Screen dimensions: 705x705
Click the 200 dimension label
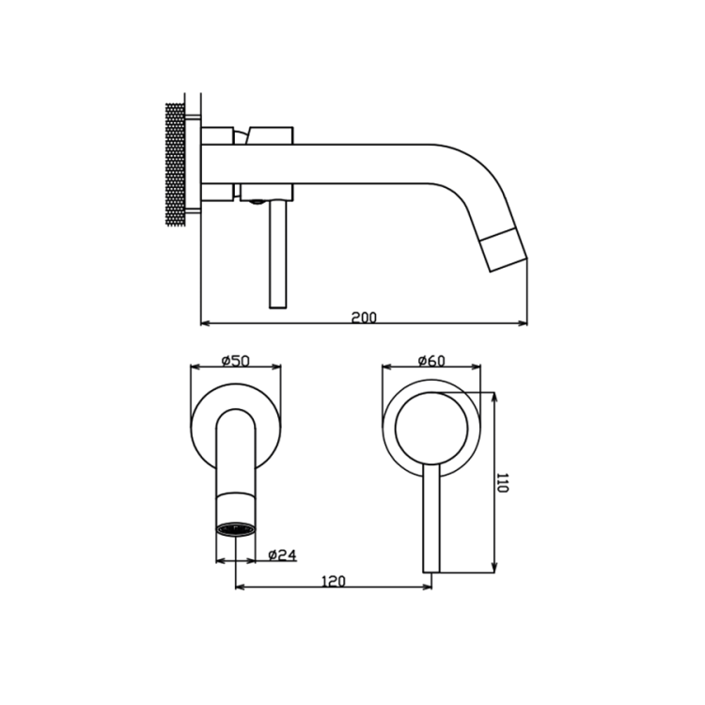pyautogui.click(x=364, y=318)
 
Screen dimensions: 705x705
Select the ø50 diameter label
pyautogui.click(x=236, y=361)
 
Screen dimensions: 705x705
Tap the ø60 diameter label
pyautogui.click(x=431, y=361)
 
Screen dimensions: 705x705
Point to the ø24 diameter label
pyautogui.click(x=282, y=556)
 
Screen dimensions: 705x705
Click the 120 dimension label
pyautogui.click(x=334, y=581)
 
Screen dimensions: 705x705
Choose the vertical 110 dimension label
pyautogui.click(x=502, y=482)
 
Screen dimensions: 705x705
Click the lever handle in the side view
pyautogui.click(x=277, y=254)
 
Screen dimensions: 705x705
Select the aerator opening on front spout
pyautogui.click(x=236, y=528)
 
